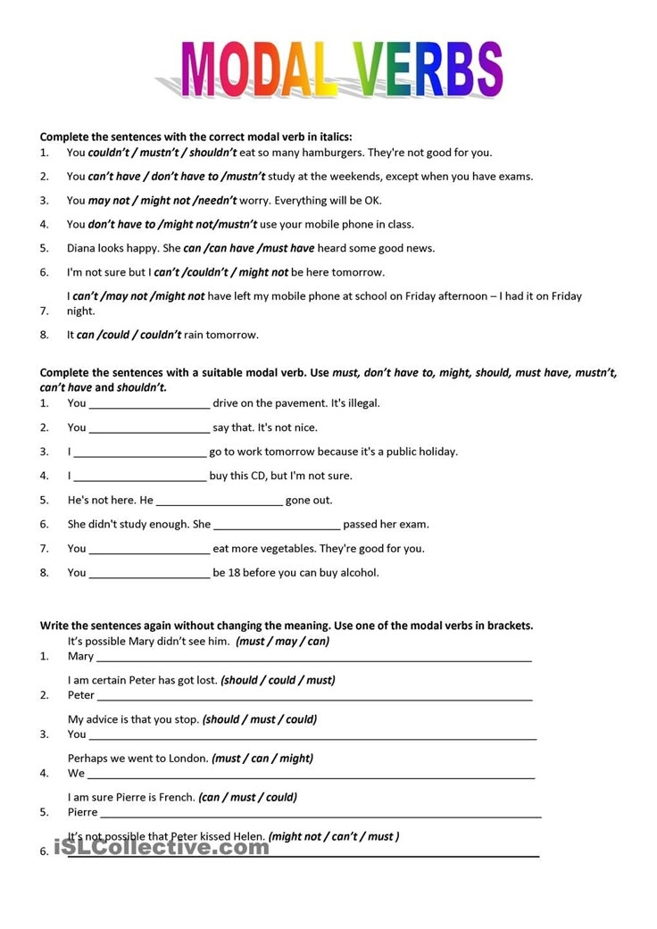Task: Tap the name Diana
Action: click(83, 248)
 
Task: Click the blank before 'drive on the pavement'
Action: click(149, 404)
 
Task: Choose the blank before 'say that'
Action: click(149, 428)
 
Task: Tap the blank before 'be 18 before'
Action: click(149, 573)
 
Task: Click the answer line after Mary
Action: click(312, 658)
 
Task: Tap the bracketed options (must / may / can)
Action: click(282, 642)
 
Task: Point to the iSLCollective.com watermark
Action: click(162, 846)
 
